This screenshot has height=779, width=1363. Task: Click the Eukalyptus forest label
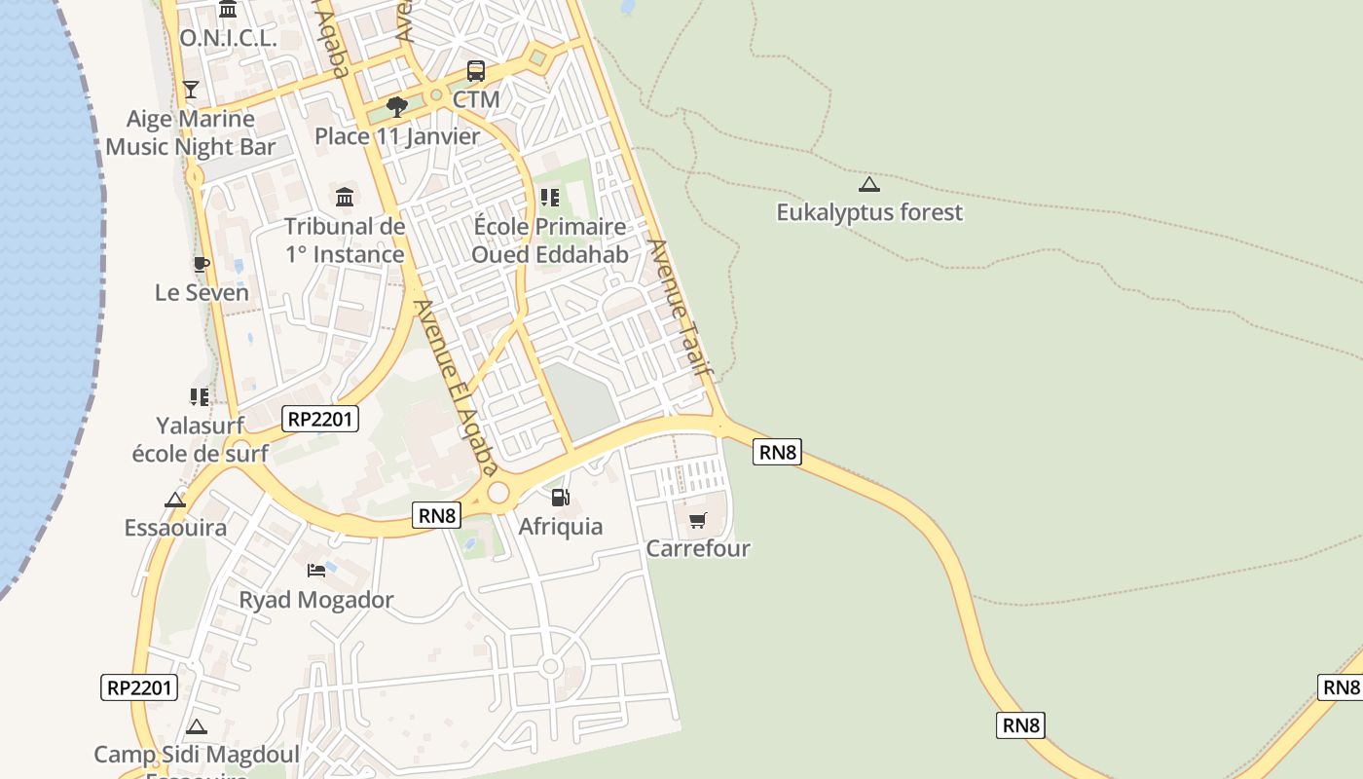[868, 212]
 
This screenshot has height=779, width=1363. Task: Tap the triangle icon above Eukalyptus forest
[868, 184]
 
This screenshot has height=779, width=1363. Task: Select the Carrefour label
[698, 548]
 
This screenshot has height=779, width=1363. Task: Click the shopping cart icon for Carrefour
[697, 521]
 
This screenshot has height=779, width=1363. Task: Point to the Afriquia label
[560, 526]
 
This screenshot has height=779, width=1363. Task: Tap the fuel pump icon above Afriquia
[560, 498]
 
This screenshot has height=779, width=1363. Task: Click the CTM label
[476, 99]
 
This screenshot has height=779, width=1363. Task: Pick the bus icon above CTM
[475, 71]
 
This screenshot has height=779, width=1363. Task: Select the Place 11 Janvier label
[397, 136]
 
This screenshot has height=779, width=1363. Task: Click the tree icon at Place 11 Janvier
[396, 107]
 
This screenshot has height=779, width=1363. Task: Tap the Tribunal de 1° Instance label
[345, 241]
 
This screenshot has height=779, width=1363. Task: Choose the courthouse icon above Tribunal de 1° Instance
[345, 198]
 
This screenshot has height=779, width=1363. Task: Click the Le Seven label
[202, 292]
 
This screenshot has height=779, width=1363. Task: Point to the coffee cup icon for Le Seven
[201, 264]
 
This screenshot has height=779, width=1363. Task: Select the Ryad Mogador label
[316, 599]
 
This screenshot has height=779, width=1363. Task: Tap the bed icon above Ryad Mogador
[316, 570]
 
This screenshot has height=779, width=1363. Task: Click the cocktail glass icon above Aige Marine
[191, 90]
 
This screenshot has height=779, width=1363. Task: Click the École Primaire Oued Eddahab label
[550, 241]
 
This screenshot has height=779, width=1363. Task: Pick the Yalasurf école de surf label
[200, 439]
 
